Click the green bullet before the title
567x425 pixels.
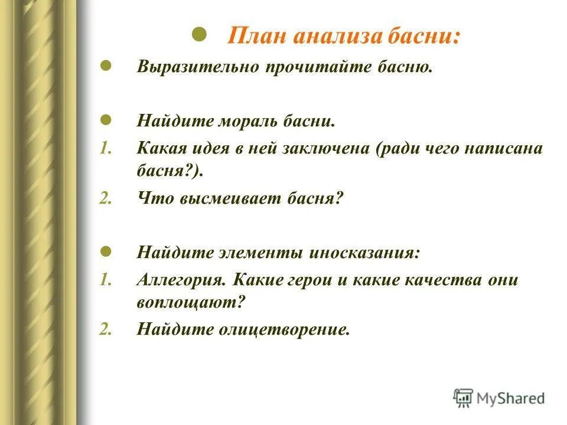coord(199,34)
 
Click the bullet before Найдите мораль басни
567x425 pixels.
coord(106,120)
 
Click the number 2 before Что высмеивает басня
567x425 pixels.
coord(105,199)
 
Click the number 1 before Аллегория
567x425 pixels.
coord(105,280)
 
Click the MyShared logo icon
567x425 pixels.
coord(464,398)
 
